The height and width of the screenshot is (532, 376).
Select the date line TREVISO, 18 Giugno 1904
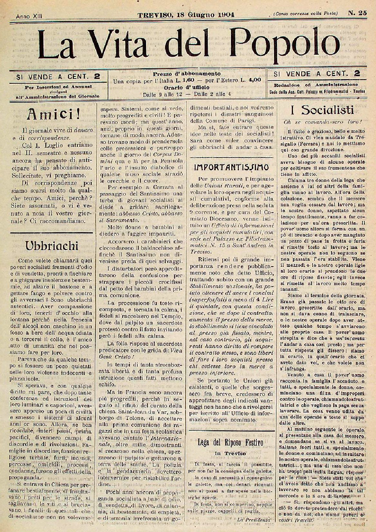coord(186,14)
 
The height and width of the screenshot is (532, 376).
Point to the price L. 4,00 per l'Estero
coord(250,80)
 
